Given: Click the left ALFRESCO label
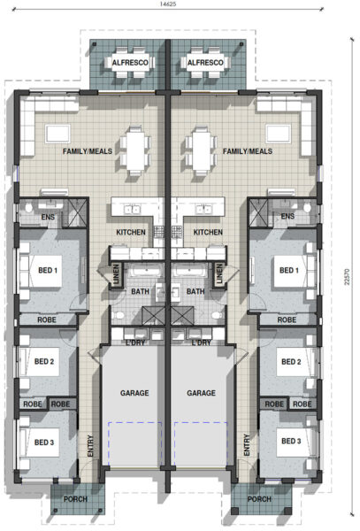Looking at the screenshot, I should click(x=133, y=63).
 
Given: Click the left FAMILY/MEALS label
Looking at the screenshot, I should click(x=86, y=152).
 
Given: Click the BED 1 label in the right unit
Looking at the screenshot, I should click(x=289, y=271).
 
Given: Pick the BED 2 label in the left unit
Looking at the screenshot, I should click(x=46, y=363).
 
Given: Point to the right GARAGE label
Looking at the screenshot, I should click(x=202, y=393).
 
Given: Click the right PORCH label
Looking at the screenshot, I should click(x=259, y=499).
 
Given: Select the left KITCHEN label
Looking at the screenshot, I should click(x=131, y=233).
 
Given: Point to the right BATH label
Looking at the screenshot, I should click(x=195, y=291).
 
